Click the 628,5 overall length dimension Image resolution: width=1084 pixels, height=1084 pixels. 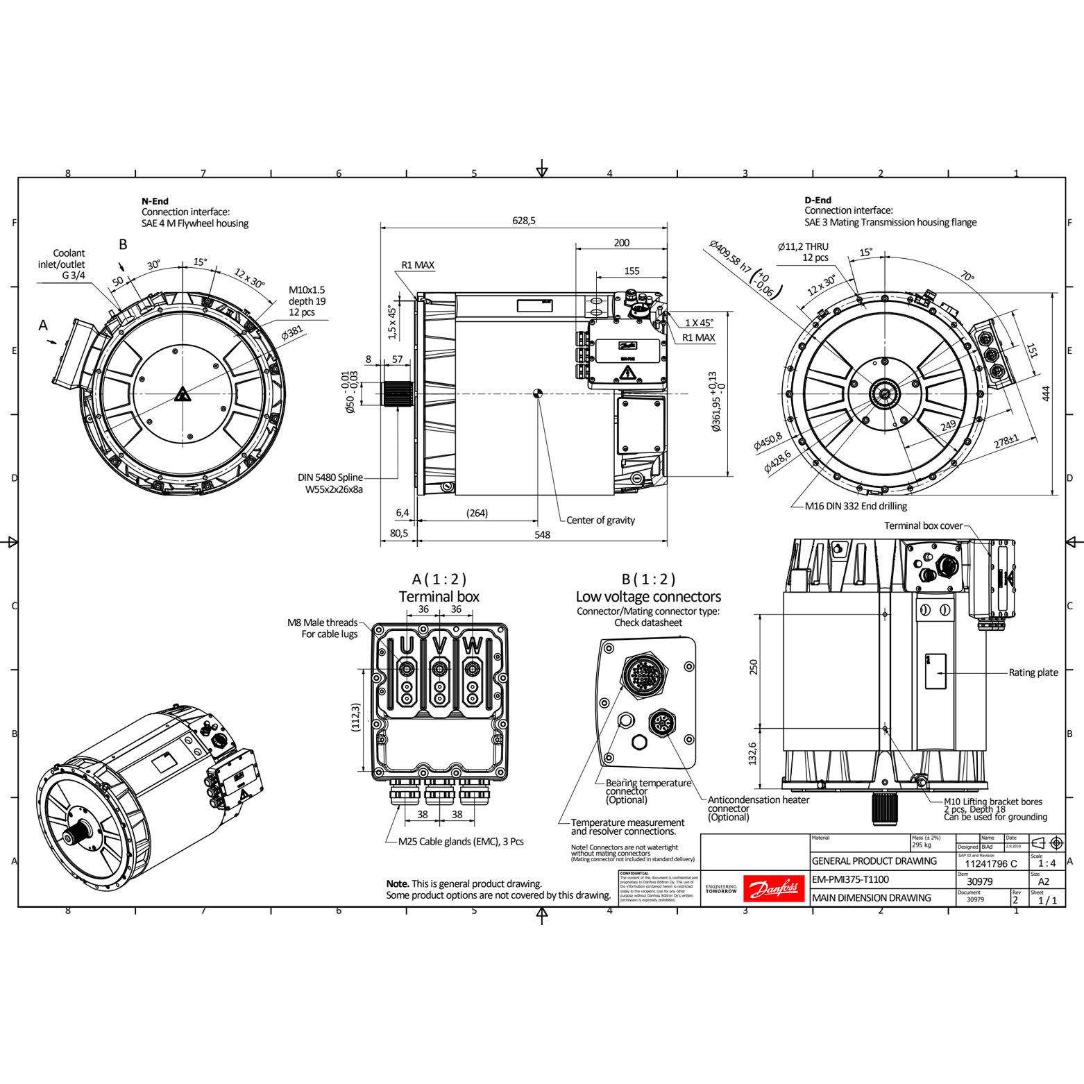[x=524, y=221]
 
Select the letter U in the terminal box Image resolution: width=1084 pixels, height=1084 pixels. [x=407, y=646]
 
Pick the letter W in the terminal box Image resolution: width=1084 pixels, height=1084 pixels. [x=472, y=646]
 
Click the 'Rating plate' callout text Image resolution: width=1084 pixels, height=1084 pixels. [x=1033, y=672]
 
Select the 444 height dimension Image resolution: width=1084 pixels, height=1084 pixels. [x=1046, y=393]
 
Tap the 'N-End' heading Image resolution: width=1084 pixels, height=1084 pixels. [x=155, y=201]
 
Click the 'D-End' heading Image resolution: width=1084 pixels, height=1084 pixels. [x=818, y=201]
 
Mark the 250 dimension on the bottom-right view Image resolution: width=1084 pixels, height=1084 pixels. [x=754, y=666]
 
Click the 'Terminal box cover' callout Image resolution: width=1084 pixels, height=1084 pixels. [x=923, y=525]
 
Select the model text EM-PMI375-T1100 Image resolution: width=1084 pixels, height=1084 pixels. [x=850, y=879]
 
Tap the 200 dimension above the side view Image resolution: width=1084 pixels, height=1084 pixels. [x=622, y=243]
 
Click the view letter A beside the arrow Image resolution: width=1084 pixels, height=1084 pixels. [x=44, y=325]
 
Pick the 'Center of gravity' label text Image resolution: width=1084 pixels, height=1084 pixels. [x=600, y=520]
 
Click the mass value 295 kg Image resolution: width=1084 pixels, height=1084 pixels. [x=922, y=845]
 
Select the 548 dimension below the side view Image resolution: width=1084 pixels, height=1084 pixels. [x=542, y=534]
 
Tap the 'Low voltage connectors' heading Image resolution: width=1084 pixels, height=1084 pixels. [x=648, y=597]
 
